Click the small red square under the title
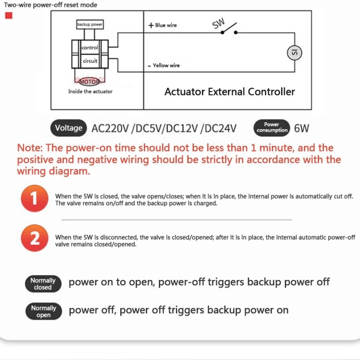tap(9, 16)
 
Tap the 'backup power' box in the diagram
tap(90, 24)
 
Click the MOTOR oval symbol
tap(89, 81)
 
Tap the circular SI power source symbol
tap(294, 53)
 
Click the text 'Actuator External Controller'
tap(229, 92)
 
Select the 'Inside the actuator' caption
tap(90, 91)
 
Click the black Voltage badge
tap(68, 128)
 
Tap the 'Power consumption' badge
tap(272, 128)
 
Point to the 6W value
tap(301, 128)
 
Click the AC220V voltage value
tap(110, 128)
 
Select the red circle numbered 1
tap(35, 198)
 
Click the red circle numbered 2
tap(35, 238)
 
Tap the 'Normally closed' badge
tap(43, 283)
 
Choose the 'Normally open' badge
tap(43, 311)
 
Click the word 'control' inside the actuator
tap(90, 48)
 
